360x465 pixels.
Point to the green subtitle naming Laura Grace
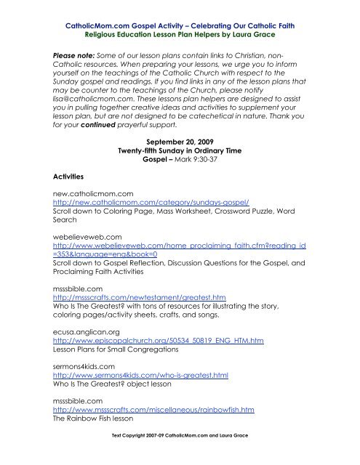click(x=180, y=33)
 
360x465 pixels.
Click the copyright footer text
click(x=180, y=456)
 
